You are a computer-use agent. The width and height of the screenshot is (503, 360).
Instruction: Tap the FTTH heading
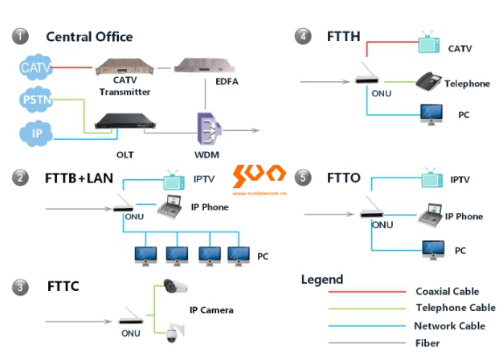pos(343,36)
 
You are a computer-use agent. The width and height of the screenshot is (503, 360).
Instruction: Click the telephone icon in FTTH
pos(428,80)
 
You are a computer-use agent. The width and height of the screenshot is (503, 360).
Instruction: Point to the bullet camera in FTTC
pos(174,287)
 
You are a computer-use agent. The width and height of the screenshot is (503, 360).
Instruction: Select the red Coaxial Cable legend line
pos(365,292)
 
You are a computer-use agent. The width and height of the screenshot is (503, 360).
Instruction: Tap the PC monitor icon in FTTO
pos(432,248)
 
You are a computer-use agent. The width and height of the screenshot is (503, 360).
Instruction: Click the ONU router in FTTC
pos(130,317)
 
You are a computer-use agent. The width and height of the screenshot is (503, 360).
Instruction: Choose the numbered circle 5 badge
pos(303,176)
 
